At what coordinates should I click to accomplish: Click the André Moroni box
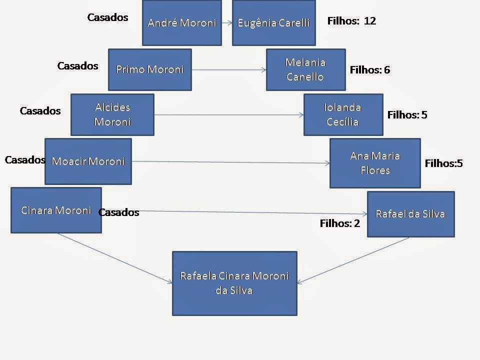coord(181,23)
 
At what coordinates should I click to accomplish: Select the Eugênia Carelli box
coord(273,23)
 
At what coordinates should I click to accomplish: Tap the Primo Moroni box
coord(149,69)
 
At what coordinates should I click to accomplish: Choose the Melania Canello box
coord(305,69)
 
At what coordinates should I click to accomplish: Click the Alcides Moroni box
coord(112,114)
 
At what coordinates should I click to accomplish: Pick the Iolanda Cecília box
coord(343,114)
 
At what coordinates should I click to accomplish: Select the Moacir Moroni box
coord(88,161)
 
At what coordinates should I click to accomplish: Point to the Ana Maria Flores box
coord(375,163)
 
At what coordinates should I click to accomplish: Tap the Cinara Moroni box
coord(56,210)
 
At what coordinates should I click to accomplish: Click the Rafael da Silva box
coord(410,214)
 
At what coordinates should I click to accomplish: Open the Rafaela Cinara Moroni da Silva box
coord(234,283)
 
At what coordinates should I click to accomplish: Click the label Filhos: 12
coord(351,21)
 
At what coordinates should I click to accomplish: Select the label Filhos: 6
coord(369,70)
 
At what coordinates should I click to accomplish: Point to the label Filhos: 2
coord(339,223)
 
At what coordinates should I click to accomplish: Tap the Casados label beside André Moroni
coord(107,17)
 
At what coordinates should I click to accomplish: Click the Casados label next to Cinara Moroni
coord(118,212)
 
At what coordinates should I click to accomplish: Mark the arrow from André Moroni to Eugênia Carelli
coord(227,23)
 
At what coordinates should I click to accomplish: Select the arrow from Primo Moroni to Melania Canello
coord(228,70)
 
